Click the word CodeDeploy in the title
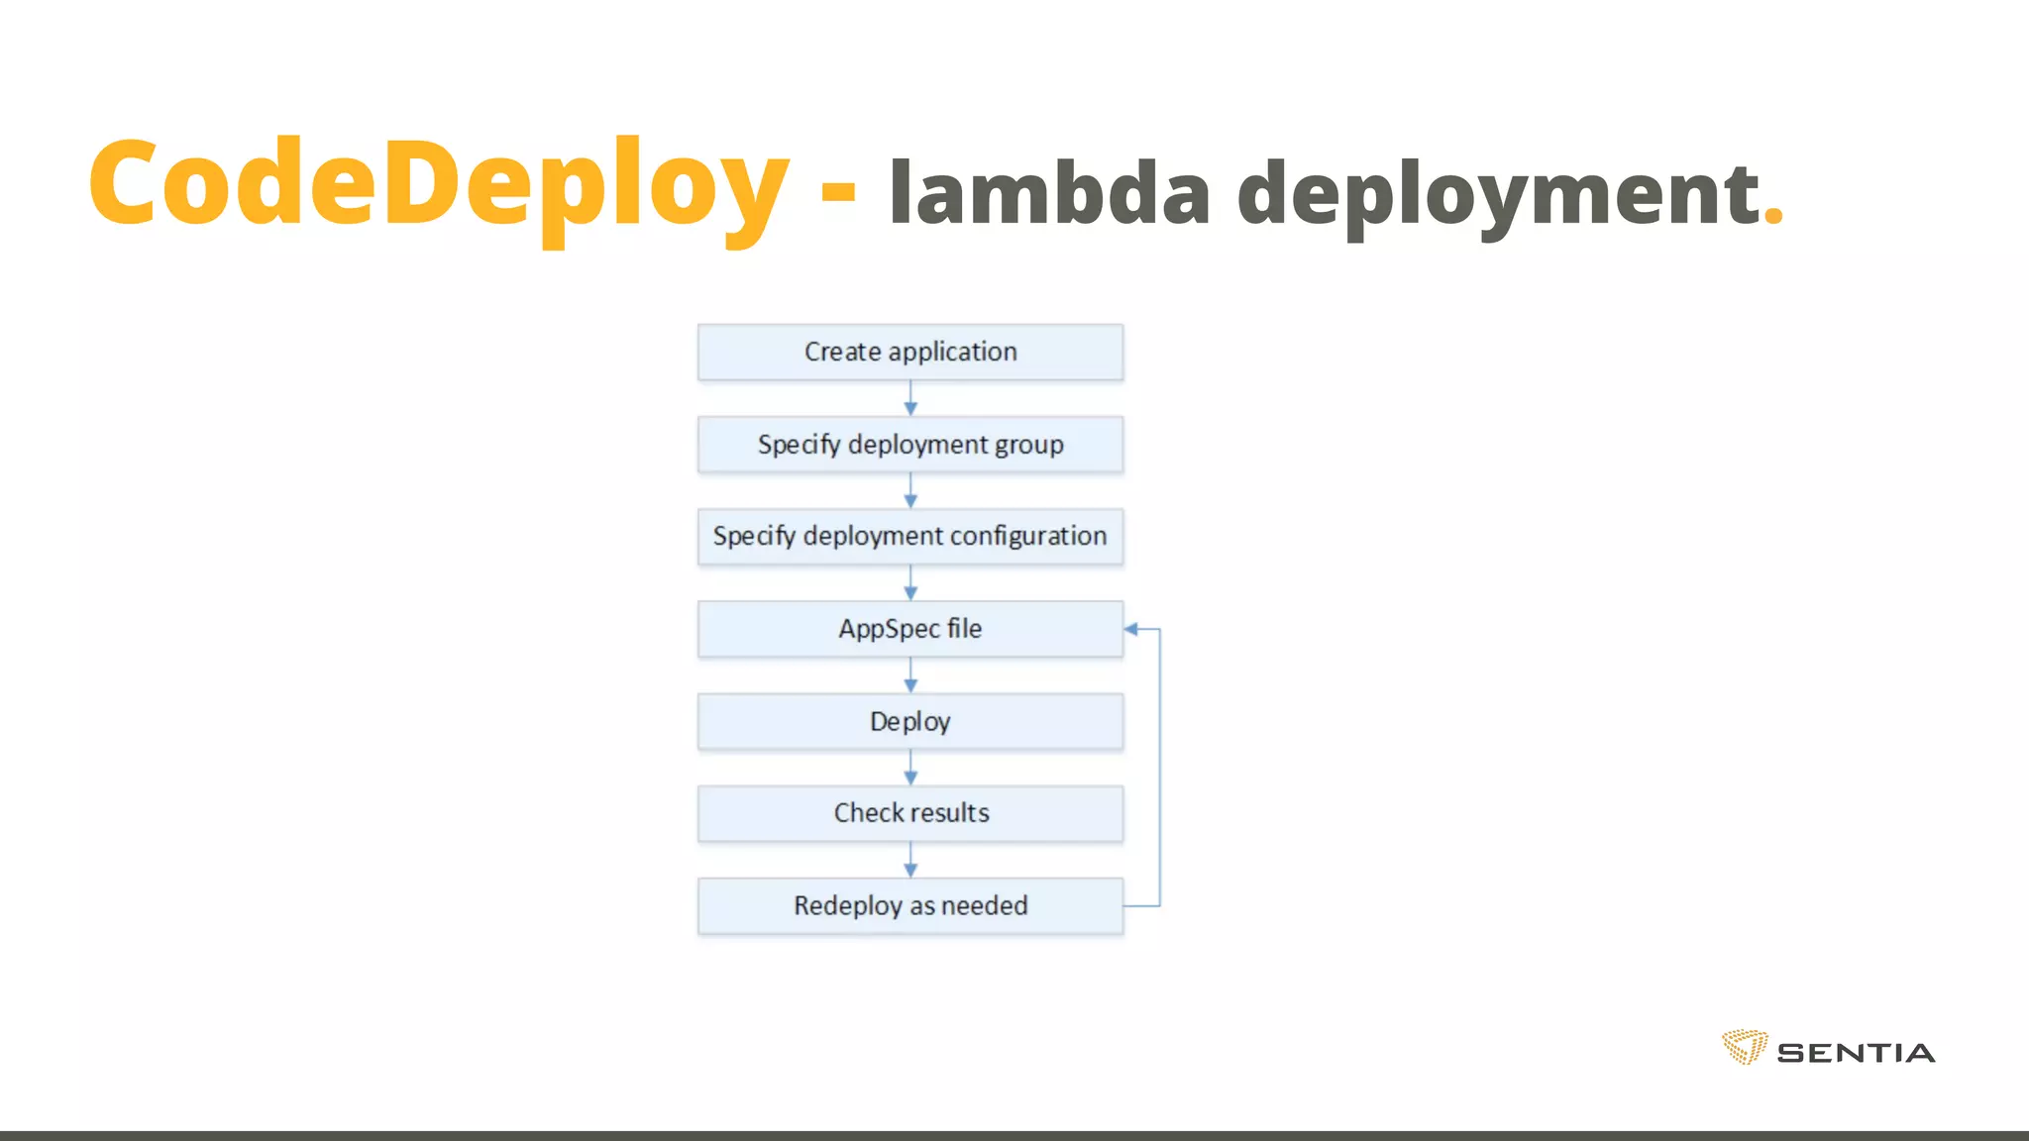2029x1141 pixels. click(439, 184)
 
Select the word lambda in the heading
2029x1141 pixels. click(1049, 192)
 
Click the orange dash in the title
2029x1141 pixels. click(838, 188)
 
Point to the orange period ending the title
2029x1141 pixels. click(1773, 217)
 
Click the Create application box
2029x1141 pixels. click(910, 352)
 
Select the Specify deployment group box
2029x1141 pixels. click(910, 445)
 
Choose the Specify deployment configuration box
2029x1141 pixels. click(910, 537)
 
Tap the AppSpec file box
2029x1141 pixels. click(910, 629)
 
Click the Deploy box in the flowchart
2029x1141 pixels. click(910, 721)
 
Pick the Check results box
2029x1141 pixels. click(910, 813)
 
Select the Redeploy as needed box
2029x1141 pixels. click(910, 905)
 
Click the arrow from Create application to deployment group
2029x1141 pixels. click(910, 399)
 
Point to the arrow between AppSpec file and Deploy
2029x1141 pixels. click(910, 675)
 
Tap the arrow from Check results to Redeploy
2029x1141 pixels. click(910, 860)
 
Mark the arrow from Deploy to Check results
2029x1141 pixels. click(910, 768)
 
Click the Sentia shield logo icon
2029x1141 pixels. click(1745, 1047)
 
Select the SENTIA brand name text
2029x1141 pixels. click(1856, 1053)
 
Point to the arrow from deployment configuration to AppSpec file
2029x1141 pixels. click(910, 583)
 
